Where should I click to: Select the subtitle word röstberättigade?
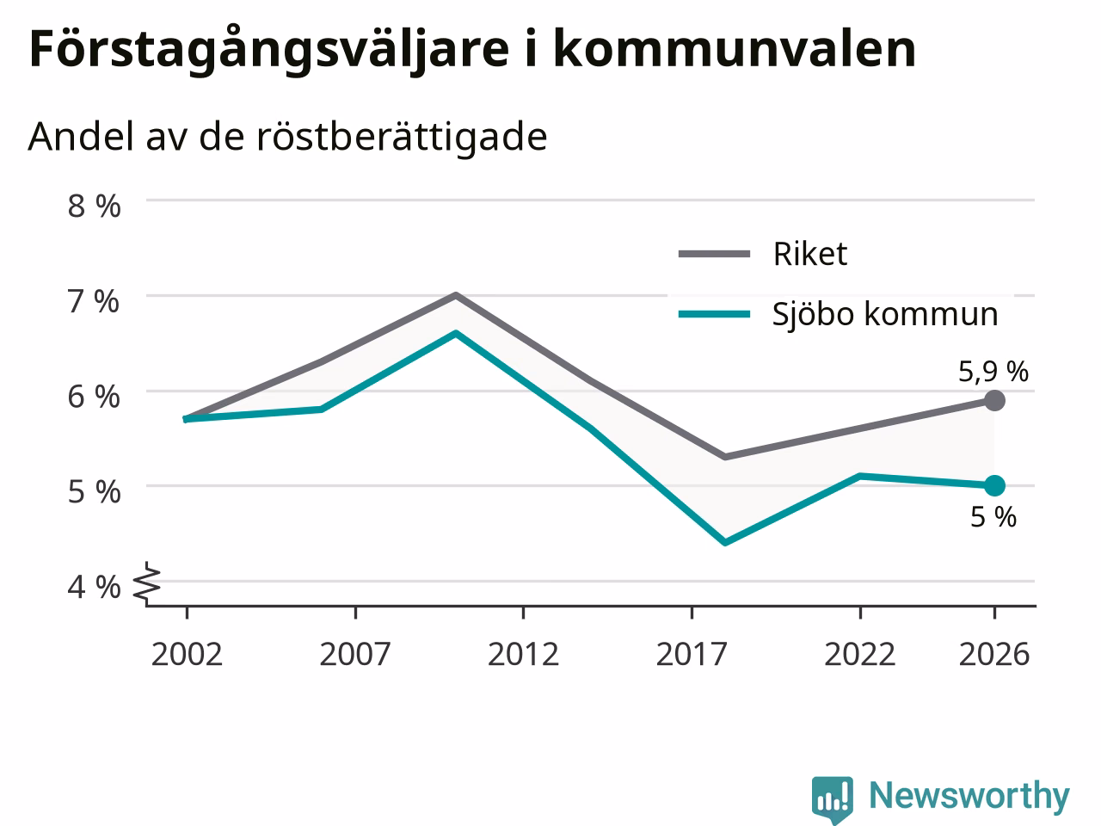[402, 138]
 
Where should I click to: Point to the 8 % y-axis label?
[94, 206]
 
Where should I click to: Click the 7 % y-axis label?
[94, 301]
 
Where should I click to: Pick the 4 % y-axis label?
[94, 588]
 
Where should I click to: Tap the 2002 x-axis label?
[187, 654]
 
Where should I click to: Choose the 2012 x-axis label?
[523, 654]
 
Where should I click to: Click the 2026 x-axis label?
[994, 654]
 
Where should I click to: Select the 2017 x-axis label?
[692, 654]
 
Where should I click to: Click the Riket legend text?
[810, 254]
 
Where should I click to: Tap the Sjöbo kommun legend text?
[885, 315]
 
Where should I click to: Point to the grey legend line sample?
[714, 254]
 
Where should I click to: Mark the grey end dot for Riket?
[994, 400]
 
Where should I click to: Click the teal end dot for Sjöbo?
[994, 485]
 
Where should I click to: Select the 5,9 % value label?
[993, 372]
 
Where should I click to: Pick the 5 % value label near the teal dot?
[993, 517]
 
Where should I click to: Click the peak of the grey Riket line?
[455, 295]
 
